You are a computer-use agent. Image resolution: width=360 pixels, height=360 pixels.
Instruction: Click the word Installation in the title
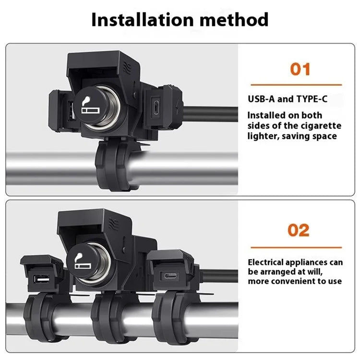click(143, 20)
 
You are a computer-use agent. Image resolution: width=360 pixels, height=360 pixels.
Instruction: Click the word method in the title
click(234, 20)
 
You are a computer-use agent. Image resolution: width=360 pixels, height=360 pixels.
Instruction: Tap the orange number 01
click(300, 69)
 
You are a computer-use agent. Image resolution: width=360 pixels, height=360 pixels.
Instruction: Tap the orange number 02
click(299, 230)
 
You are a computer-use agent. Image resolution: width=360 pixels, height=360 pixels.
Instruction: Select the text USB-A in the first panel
click(261, 99)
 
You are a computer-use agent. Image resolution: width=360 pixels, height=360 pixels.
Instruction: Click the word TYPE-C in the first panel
click(312, 99)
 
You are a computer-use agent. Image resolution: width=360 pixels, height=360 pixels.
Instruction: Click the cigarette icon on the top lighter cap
click(90, 106)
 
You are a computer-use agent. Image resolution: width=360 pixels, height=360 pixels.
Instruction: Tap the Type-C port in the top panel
click(156, 108)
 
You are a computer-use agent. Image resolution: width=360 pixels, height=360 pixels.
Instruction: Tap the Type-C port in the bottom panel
click(170, 276)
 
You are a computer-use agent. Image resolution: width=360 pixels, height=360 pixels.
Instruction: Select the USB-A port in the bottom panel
click(42, 279)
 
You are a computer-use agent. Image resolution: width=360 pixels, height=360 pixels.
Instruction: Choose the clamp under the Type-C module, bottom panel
click(176, 317)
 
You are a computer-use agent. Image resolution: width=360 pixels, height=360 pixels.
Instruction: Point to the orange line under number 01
click(296, 84)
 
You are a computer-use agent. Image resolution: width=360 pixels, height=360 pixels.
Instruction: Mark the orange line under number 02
click(296, 248)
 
